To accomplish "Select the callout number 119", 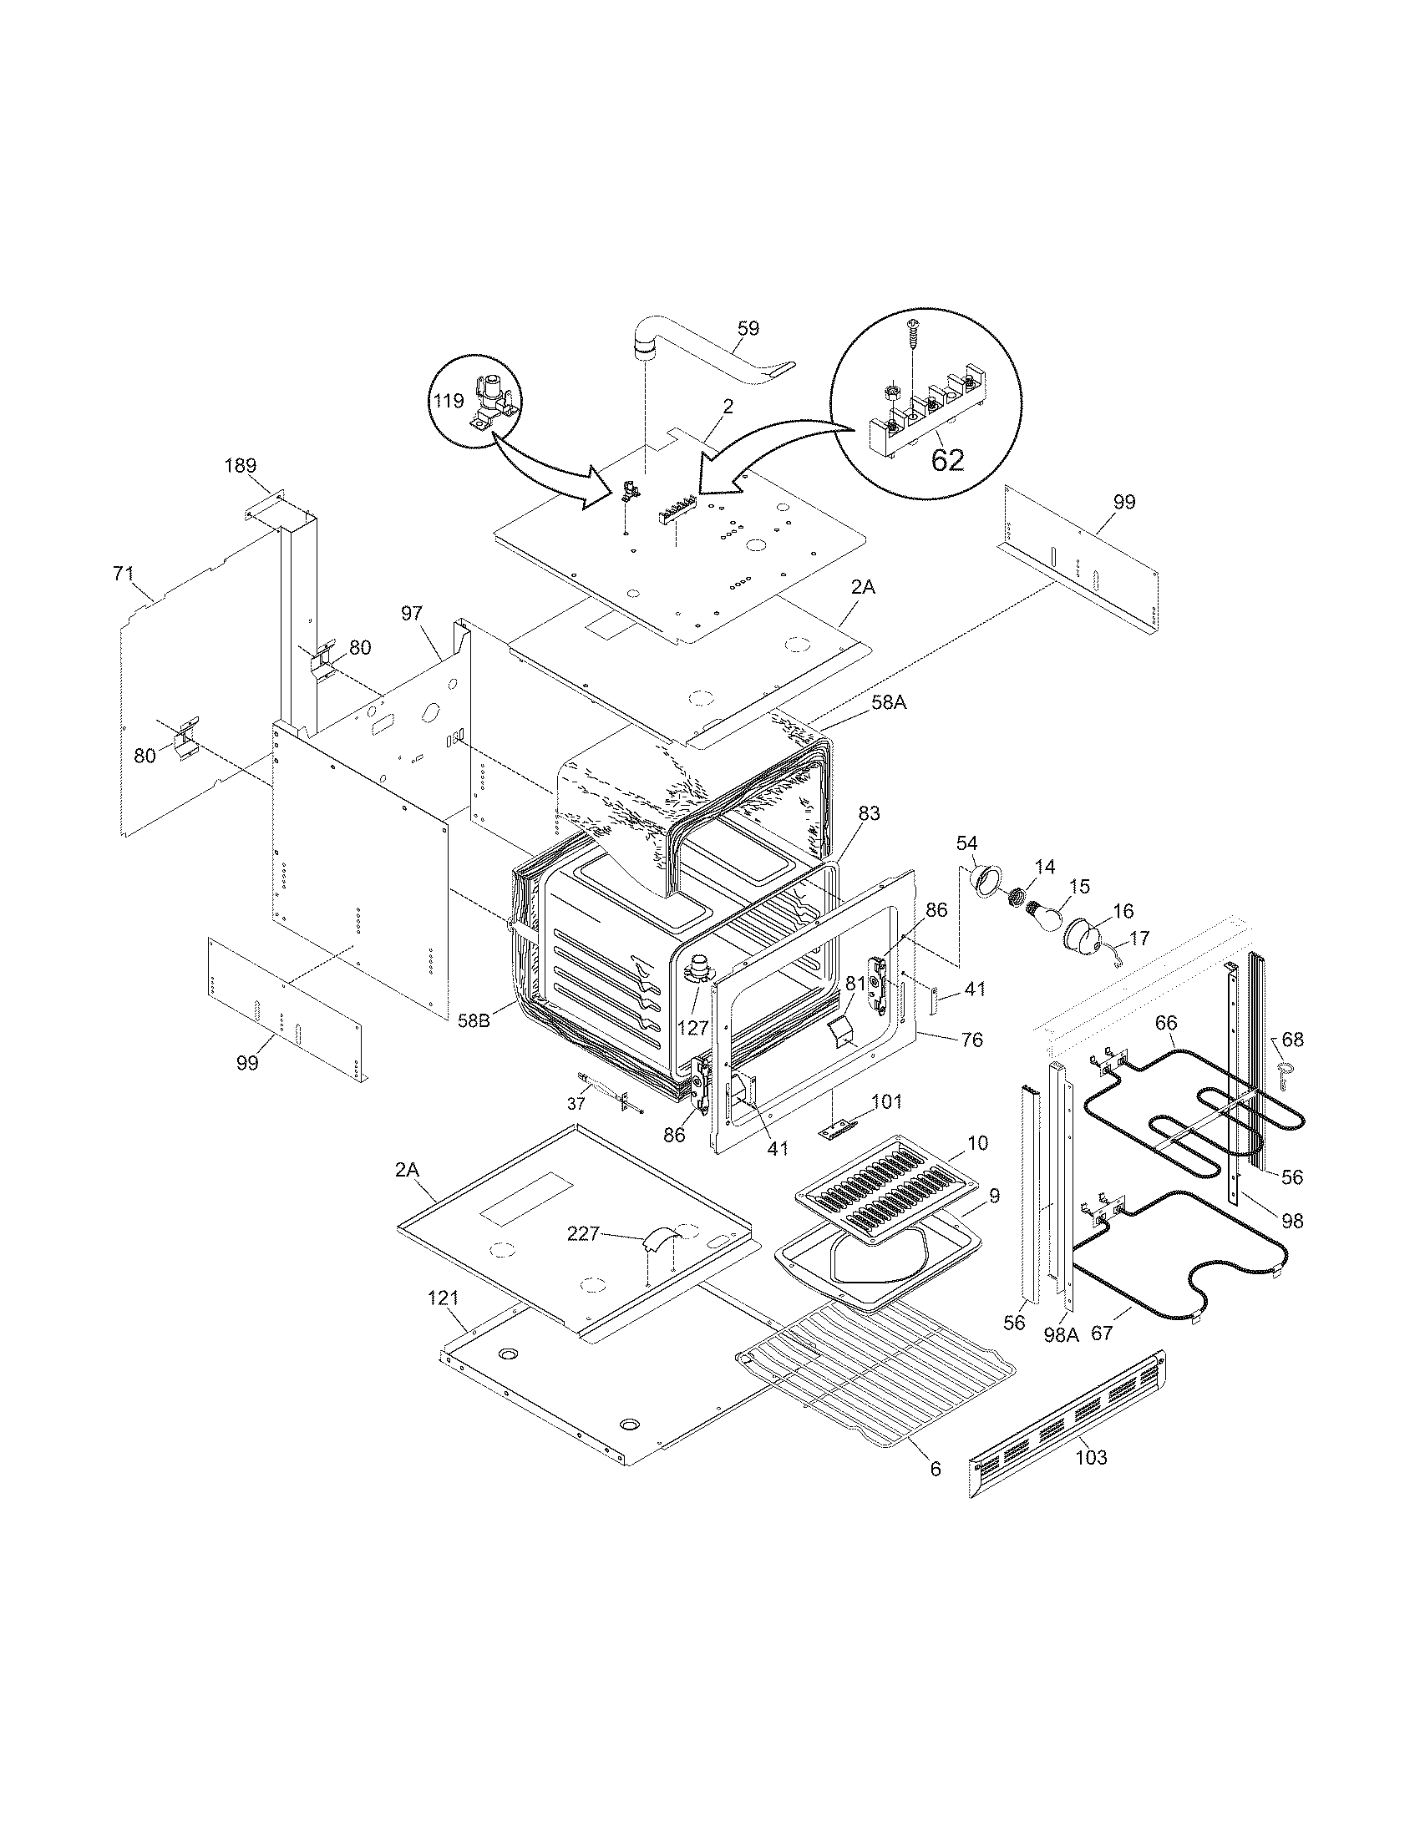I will pyautogui.click(x=449, y=400).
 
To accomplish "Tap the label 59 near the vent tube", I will pyautogui.click(x=747, y=328).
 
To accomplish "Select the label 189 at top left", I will pyautogui.click(x=240, y=465).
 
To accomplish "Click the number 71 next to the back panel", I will pyautogui.click(x=124, y=574).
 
